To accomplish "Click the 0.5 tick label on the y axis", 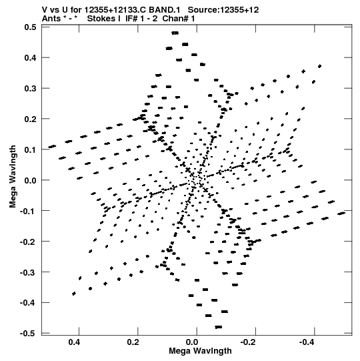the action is (x=30, y=27).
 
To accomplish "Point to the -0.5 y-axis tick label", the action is (x=28, y=333).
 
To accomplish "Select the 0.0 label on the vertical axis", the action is (x=30, y=180).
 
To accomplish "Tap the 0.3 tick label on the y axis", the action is (x=30, y=88).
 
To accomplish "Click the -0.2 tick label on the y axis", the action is (x=28, y=242).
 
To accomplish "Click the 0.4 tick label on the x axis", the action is (x=74, y=342).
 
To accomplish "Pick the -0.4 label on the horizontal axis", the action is (x=307, y=342).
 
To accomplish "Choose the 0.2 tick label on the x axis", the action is (x=133, y=342).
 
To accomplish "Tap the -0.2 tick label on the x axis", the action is (x=249, y=342).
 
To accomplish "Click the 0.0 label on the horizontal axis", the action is (x=192, y=342).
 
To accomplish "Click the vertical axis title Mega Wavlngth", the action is (x=13, y=176).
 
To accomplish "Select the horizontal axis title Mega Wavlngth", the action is (x=200, y=351).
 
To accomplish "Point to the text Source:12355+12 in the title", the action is (x=223, y=10).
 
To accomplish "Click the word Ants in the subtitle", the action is (x=51, y=19).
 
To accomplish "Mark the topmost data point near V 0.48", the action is (x=175, y=33).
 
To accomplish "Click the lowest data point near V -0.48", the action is (x=218, y=327).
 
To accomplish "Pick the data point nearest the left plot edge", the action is (x=52, y=146).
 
